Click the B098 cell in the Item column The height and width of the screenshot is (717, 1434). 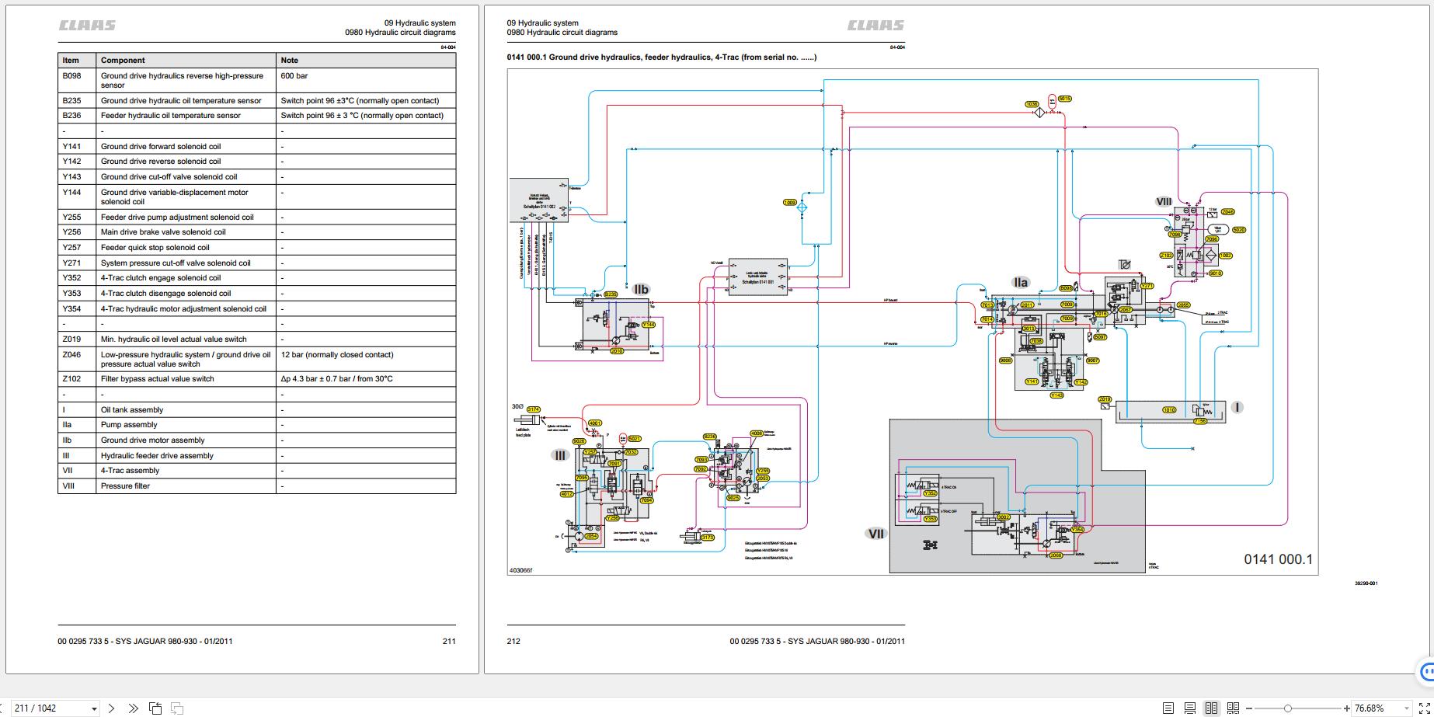(x=71, y=76)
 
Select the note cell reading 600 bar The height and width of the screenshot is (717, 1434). (x=294, y=76)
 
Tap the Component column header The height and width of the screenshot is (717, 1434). (x=123, y=60)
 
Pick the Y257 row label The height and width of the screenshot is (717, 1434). (x=71, y=248)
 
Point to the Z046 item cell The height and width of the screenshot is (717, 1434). (x=71, y=355)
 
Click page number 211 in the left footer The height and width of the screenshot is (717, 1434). (x=449, y=642)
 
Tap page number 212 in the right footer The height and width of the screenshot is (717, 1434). (x=513, y=642)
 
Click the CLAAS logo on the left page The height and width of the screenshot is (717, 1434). (x=88, y=26)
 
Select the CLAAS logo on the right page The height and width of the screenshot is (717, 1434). (x=875, y=26)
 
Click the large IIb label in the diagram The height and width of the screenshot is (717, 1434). (x=641, y=290)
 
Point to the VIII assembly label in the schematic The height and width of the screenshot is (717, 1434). (x=1164, y=202)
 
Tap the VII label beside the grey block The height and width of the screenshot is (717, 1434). (x=875, y=534)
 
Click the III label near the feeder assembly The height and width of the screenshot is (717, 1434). (x=560, y=455)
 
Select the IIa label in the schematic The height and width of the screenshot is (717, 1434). (x=1021, y=283)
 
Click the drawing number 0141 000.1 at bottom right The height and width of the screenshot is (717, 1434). (x=1278, y=559)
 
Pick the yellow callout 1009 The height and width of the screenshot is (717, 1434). (x=790, y=203)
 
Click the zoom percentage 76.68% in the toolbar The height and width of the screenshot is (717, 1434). (x=1371, y=708)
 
